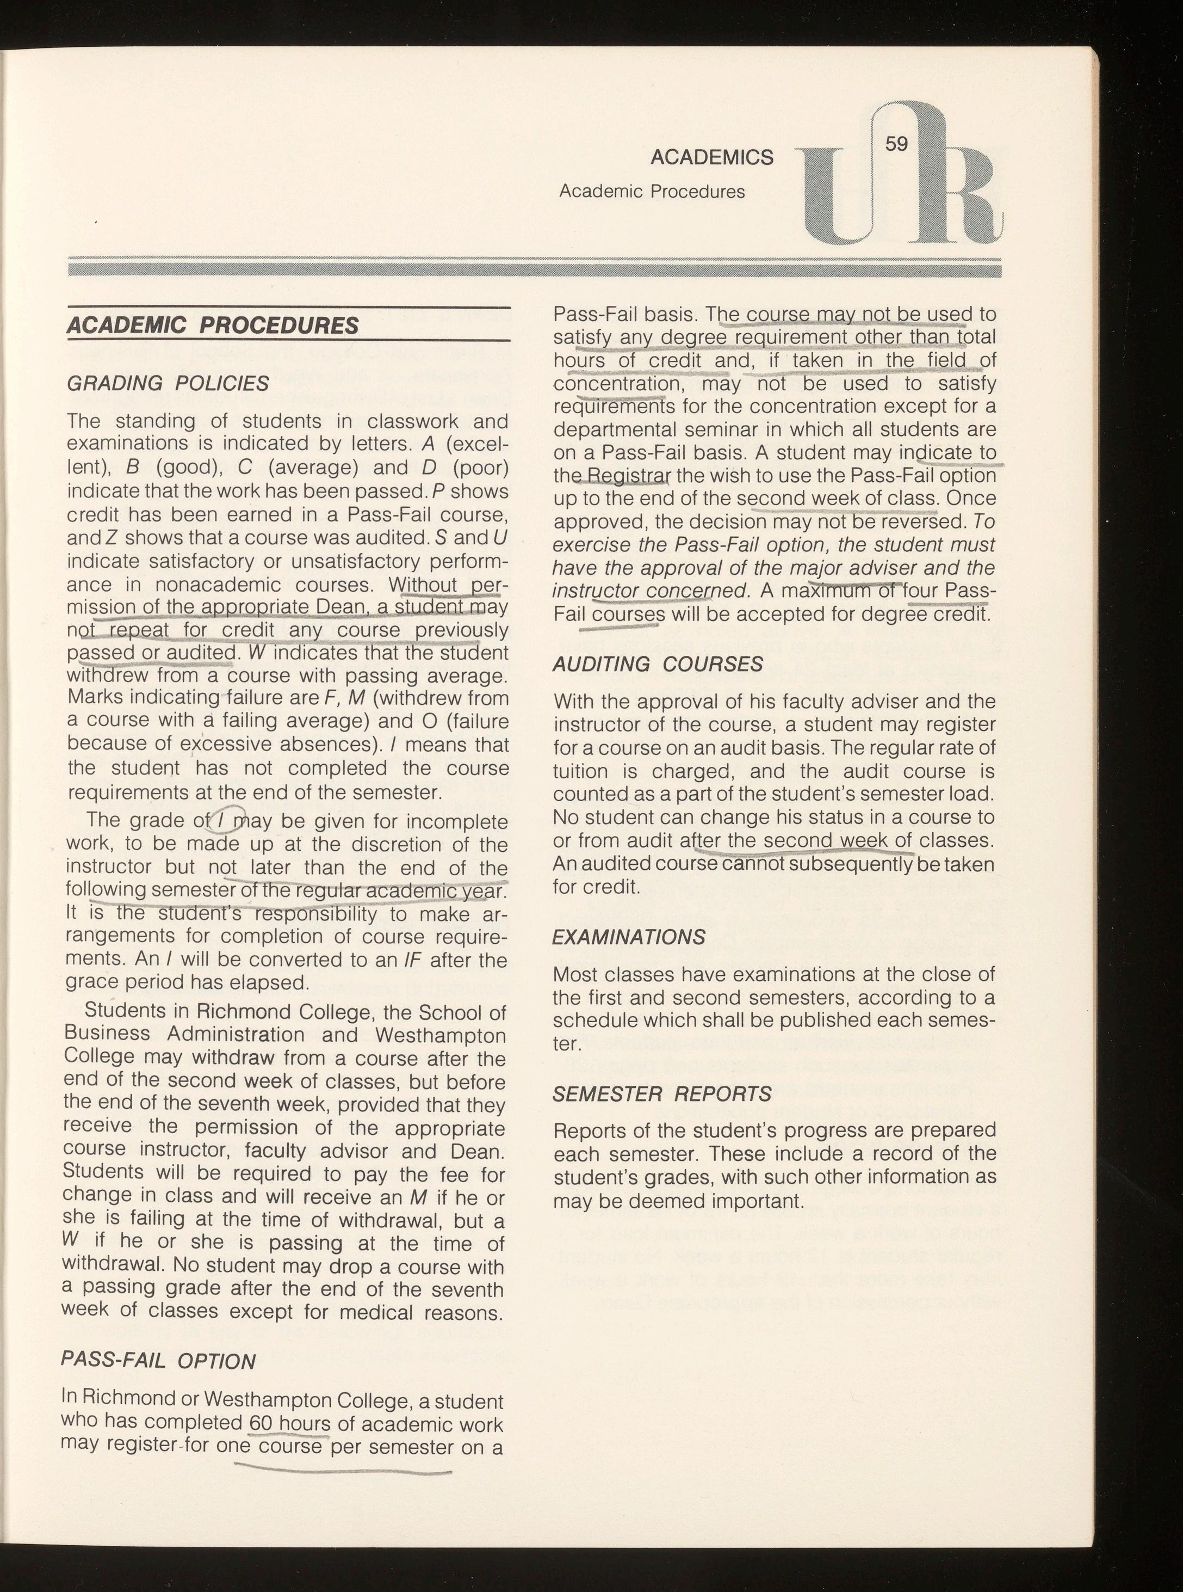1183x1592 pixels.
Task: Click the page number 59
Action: (x=896, y=144)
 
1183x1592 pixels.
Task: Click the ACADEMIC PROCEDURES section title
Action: (x=212, y=326)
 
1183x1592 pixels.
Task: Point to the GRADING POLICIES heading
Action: (x=168, y=383)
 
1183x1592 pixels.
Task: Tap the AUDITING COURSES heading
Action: (x=658, y=664)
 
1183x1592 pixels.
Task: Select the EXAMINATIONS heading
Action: (x=629, y=937)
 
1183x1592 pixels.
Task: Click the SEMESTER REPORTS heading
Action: (x=662, y=1094)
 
